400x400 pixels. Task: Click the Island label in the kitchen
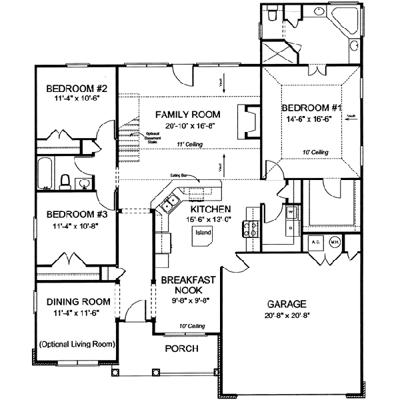click(x=203, y=233)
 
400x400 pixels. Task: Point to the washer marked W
click(x=291, y=214)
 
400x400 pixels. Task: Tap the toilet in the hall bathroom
click(x=66, y=180)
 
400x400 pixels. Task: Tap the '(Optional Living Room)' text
click(x=75, y=345)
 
